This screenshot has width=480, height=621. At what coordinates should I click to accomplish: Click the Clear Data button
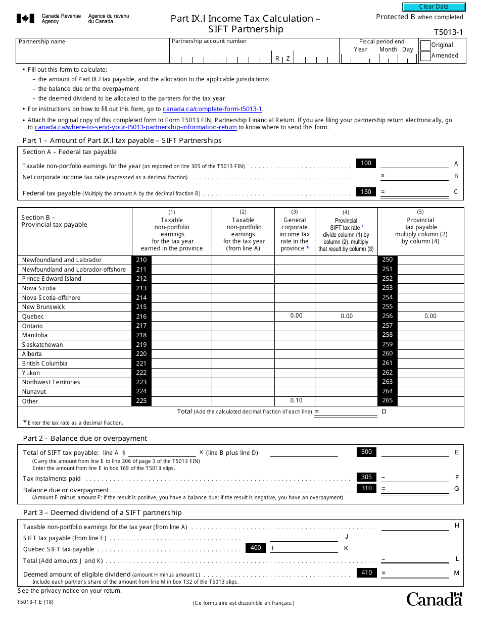[x=434, y=7]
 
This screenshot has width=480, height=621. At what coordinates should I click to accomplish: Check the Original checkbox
[x=425, y=45]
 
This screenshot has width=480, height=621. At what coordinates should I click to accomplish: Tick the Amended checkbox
[x=425, y=56]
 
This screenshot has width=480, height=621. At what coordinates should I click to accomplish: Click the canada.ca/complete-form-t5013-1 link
[x=212, y=109]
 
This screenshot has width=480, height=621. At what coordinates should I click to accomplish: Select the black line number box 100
[x=366, y=163]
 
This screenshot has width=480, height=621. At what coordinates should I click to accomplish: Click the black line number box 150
[x=366, y=192]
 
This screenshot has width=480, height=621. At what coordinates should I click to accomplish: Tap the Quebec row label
[x=33, y=317]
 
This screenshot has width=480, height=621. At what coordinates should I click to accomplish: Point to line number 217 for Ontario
[x=141, y=326]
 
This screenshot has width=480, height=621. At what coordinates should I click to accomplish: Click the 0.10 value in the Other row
[x=296, y=401]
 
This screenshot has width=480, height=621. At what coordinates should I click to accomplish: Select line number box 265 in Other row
[x=388, y=401]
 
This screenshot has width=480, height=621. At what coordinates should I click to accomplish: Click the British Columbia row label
[x=44, y=364]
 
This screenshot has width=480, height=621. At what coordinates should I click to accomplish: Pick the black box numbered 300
[x=366, y=452]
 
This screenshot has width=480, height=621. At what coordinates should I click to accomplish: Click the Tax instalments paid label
[x=52, y=479]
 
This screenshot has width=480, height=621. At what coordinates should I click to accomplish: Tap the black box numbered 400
[x=256, y=548]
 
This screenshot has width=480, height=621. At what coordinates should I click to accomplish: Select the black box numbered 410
[x=366, y=573]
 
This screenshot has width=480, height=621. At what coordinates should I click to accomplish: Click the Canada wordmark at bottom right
[x=434, y=599]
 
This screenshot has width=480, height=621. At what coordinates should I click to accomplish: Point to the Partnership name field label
[x=42, y=42]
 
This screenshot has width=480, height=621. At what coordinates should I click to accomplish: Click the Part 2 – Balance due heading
[x=85, y=438]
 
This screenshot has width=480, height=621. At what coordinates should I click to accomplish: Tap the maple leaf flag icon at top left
[x=25, y=19]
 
